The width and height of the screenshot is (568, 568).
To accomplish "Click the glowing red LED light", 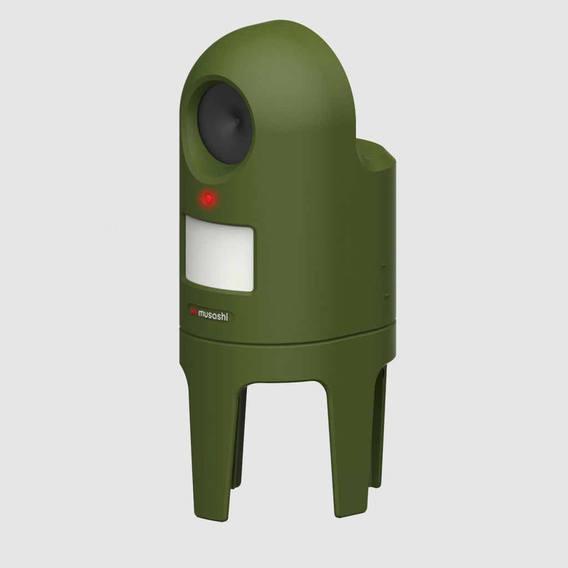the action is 208,199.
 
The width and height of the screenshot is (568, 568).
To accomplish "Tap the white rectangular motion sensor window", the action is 220,253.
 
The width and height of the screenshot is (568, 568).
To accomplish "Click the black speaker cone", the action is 223,124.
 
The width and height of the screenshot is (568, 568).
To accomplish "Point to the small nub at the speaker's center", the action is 236,121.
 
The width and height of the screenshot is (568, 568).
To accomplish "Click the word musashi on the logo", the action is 213,316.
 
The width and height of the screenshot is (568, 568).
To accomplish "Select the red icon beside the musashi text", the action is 194,312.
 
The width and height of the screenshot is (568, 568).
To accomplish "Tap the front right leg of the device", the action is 347,445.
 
